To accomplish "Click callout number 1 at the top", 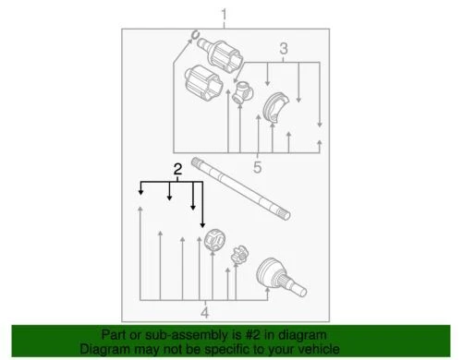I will tap(222, 12).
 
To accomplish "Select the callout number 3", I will tap(285, 47).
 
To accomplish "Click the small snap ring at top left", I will tap(196, 38).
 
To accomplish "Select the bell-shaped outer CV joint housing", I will tap(276, 273).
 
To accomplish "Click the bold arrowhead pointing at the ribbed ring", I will tap(202, 224).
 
